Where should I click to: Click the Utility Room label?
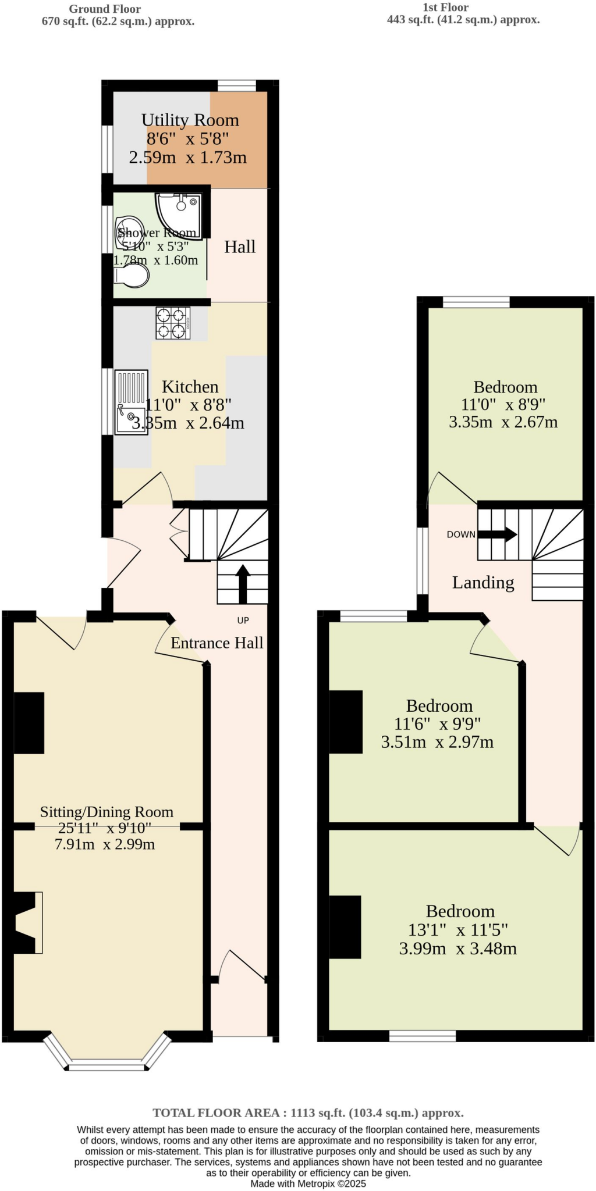pos(190,120)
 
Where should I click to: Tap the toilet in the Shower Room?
pos(132,275)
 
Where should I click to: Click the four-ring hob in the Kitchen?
pos(173,323)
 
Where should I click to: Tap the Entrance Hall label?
pos(217,643)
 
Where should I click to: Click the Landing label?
pos(483,582)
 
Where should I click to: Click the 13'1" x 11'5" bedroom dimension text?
pos(458,930)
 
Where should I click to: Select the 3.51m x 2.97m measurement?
pos(437,742)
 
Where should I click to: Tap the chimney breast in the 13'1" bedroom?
pos(345,927)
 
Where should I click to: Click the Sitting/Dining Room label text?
pos(107,812)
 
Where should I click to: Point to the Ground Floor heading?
pos(105,9)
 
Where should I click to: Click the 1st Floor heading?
pos(445,8)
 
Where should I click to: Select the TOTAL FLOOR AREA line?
pos(308,1112)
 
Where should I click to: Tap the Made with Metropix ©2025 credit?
pos(308,1183)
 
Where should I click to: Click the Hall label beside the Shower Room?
pos(240,247)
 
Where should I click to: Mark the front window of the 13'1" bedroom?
pos(423,1036)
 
